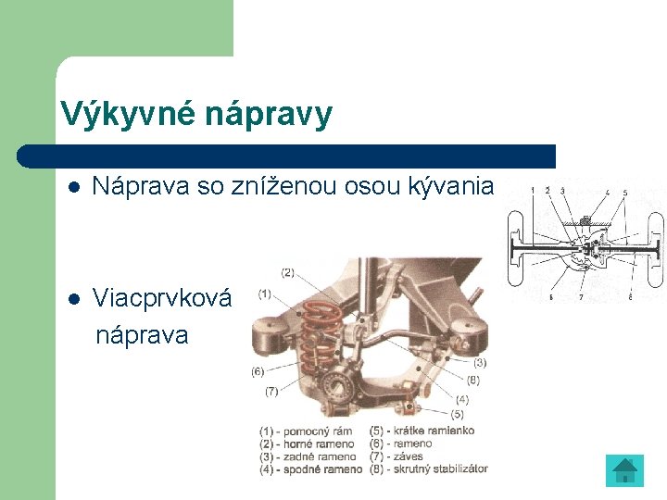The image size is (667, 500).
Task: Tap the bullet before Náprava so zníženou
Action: pos(73,187)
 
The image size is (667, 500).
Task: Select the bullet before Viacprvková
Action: pos(73,299)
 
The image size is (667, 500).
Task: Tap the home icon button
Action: pos(625,470)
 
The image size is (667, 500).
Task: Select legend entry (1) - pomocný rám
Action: pos(308,431)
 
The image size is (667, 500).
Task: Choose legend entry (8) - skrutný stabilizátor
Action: pos(428,469)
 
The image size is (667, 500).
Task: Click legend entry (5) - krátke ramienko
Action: pos(422,431)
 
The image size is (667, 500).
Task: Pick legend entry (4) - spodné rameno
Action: pos(311,469)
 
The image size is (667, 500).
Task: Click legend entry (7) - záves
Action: pos(396,456)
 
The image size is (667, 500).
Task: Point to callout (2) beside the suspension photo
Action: pos(287,272)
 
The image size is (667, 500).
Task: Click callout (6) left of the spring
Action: pos(258,372)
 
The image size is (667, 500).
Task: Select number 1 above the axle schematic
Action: pos(532,192)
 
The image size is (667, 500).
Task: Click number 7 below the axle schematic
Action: pos(580,298)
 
